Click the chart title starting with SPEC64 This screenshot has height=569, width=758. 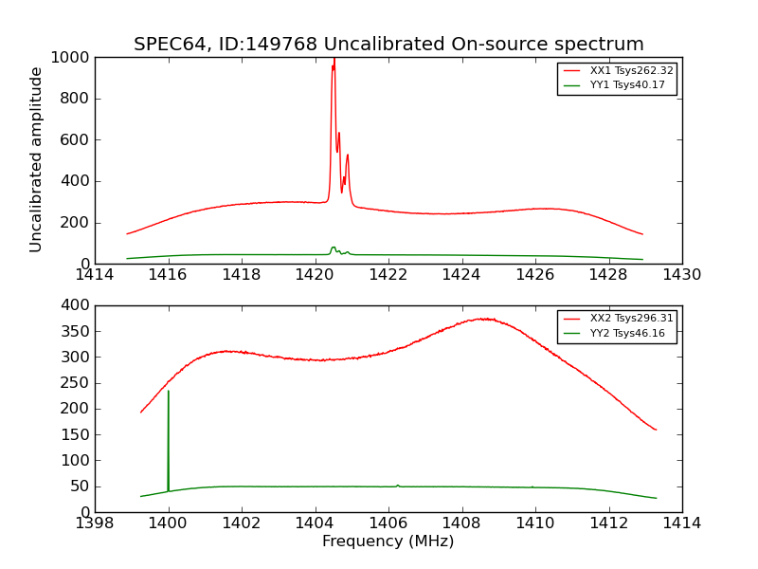click(388, 45)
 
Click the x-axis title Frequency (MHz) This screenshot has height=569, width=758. click(388, 541)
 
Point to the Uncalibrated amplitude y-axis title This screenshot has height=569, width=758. click(37, 159)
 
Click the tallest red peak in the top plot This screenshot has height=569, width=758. click(334, 61)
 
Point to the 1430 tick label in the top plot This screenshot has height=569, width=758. click(681, 275)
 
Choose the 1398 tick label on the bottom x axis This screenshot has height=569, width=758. click(96, 523)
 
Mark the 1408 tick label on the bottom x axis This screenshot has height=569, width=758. click(461, 523)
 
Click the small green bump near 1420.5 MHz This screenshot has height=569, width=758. click(334, 248)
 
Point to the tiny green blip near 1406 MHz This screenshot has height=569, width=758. click(398, 486)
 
